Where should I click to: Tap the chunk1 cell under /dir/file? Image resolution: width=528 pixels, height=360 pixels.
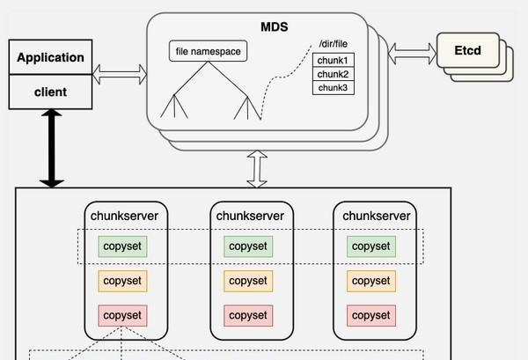333,60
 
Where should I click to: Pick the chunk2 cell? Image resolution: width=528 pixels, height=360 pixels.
333,74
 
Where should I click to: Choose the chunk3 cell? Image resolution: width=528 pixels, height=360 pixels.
333,87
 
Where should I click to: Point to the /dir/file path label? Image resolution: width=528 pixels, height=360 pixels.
333,45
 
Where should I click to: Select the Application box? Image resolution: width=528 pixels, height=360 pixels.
50,58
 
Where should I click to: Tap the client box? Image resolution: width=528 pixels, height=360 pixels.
50,91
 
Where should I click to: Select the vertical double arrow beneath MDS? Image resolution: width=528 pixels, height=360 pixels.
257,168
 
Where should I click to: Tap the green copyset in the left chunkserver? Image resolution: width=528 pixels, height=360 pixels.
122,246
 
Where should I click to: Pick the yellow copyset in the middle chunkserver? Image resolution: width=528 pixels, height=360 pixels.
246,281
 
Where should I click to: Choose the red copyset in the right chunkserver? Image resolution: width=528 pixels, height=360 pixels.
370,315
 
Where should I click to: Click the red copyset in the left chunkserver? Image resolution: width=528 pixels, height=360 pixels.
122,315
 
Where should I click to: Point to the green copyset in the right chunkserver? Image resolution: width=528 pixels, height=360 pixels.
370,246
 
